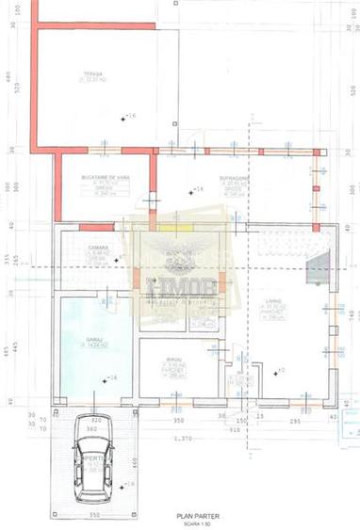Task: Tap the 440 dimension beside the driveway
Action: (136, 461)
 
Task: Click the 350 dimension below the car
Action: (94, 516)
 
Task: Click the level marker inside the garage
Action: (110, 378)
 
